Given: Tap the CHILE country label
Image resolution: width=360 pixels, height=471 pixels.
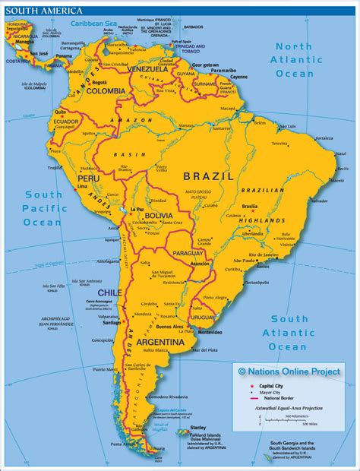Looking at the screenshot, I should [109, 292].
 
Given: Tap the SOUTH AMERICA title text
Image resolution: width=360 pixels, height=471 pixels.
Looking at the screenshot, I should [31, 7].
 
